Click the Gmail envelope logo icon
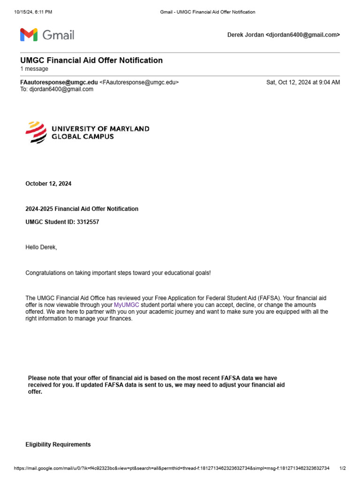28,35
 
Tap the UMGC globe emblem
36,132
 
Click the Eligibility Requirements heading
58,444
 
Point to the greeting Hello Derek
41,247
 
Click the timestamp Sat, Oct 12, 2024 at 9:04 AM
303,82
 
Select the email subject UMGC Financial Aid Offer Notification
91,60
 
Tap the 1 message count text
34,69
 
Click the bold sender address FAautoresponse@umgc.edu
59,82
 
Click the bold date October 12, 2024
48,184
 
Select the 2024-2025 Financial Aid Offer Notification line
82,209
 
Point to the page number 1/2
342,468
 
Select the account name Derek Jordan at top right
245,35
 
